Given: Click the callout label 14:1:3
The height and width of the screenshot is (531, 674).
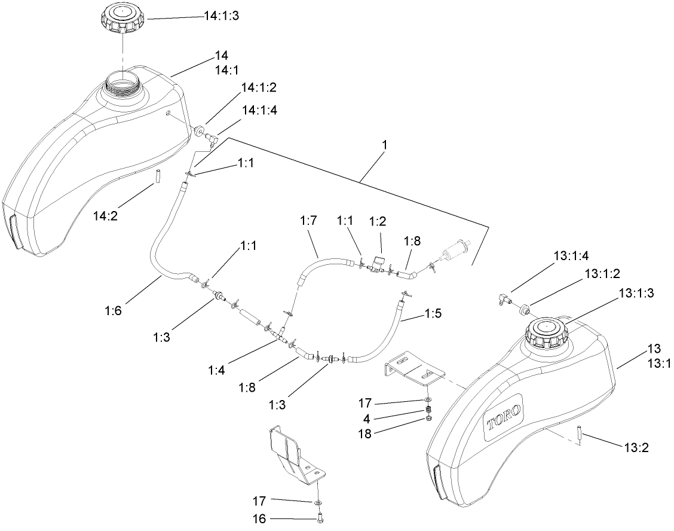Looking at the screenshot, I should point(221,17).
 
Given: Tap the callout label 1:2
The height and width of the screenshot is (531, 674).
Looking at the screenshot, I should point(378,221).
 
